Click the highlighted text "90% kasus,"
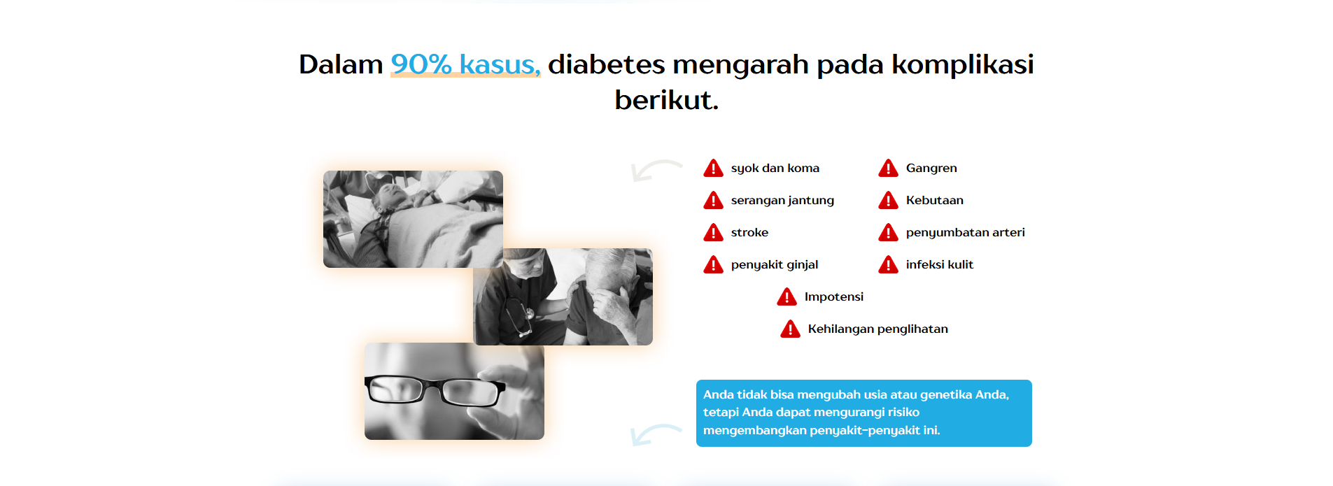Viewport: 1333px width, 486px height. click(465, 64)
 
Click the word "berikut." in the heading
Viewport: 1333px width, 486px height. click(666, 100)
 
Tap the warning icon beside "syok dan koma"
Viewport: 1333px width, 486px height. click(713, 168)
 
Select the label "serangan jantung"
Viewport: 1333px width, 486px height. click(782, 201)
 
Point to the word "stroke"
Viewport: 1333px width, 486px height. click(749, 232)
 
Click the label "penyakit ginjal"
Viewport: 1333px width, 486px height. click(775, 265)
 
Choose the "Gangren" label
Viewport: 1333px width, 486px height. click(931, 169)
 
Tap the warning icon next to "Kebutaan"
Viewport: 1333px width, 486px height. click(888, 200)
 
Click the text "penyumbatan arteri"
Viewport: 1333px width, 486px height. click(965, 233)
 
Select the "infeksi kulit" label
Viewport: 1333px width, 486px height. click(939, 264)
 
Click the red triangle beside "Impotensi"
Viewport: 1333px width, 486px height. click(787, 296)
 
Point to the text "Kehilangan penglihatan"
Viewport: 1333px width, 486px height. click(877, 329)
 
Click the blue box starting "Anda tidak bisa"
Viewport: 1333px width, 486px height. click(863, 413)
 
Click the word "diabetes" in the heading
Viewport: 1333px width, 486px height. click(606, 64)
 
